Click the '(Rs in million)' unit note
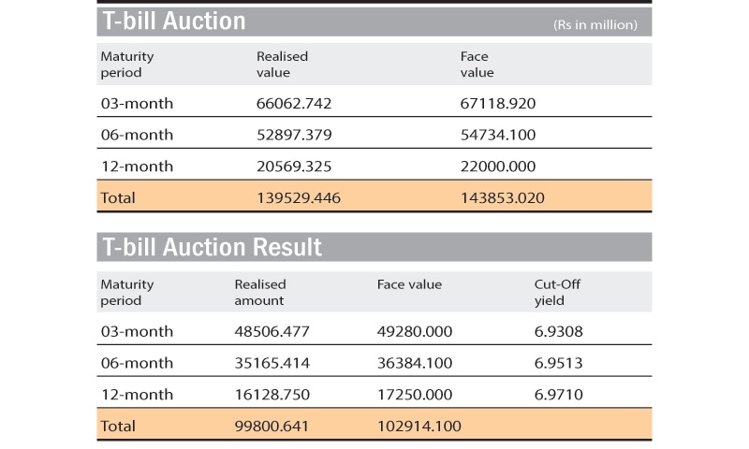(x=595, y=24)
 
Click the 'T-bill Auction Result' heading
(x=212, y=247)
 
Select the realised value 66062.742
(x=294, y=103)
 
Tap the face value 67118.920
(x=498, y=103)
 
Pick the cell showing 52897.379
(x=294, y=135)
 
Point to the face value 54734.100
(x=498, y=135)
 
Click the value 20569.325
(x=294, y=167)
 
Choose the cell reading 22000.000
(x=498, y=167)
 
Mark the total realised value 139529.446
(x=299, y=197)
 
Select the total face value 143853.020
(x=503, y=197)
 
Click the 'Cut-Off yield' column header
(x=558, y=292)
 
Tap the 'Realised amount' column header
(x=260, y=292)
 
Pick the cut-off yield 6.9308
(x=558, y=331)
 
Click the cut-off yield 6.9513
(x=558, y=363)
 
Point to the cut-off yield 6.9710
(x=558, y=395)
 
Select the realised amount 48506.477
(x=272, y=331)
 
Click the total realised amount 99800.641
(x=272, y=426)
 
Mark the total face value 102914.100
(x=419, y=426)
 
